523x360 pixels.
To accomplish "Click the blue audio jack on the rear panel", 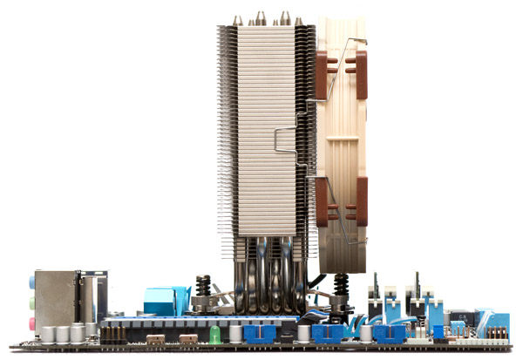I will pyautogui.click(x=32, y=283).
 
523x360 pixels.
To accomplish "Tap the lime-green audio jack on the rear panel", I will pyautogui.click(x=32, y=302).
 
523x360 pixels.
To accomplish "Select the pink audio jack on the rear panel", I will pyautogui.click(x=32, y=322).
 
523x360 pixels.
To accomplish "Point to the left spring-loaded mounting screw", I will pyautogui.click(x=203, y=289).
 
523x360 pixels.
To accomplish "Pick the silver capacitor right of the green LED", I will pyautogui.click(x=235, y=334).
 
